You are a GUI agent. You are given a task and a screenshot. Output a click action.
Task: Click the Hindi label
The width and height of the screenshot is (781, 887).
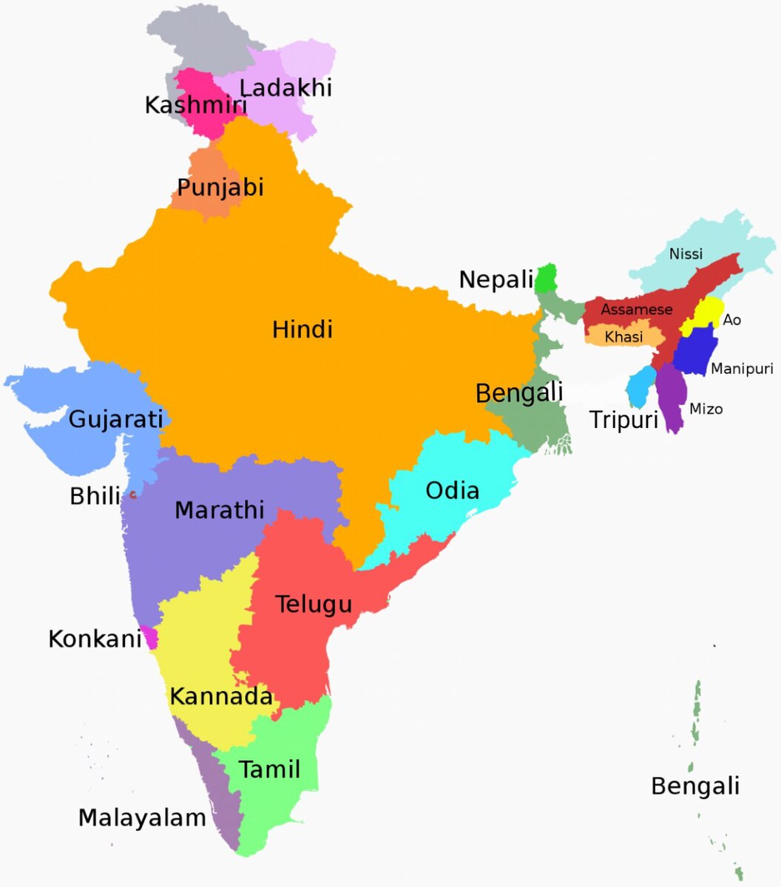302,329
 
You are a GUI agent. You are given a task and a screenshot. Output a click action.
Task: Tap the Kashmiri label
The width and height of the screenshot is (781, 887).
195,105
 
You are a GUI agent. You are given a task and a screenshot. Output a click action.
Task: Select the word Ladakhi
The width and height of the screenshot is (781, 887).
285,87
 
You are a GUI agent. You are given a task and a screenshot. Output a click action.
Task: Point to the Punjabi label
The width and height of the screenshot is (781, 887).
220,187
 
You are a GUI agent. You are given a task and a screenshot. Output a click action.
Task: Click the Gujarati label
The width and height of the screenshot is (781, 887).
115,419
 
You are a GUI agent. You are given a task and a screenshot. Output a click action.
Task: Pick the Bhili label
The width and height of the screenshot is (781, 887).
95,496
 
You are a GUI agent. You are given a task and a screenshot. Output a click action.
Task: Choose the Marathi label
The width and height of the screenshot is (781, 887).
219,510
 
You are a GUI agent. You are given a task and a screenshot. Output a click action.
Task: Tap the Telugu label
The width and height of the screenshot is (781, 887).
314,604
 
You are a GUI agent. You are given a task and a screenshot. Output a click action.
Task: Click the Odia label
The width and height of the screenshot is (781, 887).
452,490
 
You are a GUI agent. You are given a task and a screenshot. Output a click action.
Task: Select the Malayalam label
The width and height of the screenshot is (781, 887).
142,818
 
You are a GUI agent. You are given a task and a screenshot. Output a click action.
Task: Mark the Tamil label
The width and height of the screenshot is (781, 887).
269,769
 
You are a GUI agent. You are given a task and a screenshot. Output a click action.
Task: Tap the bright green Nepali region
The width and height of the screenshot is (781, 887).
546,279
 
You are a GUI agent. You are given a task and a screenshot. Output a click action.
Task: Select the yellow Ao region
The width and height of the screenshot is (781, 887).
703,316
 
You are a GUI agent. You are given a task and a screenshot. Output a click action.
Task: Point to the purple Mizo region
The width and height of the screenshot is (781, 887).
672,395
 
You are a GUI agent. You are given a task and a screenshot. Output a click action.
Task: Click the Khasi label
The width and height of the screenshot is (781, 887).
623,337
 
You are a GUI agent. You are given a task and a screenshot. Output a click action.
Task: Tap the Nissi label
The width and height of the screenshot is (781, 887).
686,254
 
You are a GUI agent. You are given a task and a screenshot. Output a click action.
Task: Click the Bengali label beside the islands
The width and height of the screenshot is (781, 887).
694,786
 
